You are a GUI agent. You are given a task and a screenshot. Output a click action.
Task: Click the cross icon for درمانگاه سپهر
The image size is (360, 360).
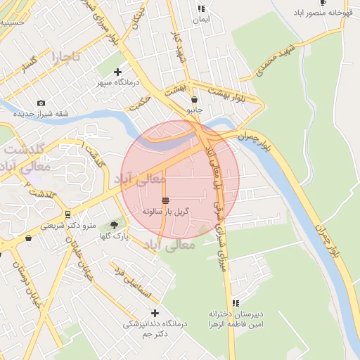point(117,72)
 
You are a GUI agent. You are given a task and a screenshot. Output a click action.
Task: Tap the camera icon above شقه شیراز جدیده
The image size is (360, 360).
point(40,103)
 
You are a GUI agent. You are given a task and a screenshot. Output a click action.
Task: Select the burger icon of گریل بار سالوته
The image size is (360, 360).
point(165,200)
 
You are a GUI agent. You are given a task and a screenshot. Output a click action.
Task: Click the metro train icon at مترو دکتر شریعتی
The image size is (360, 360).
point(67,214)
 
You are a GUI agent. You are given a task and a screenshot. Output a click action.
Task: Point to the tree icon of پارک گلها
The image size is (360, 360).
point(114,225)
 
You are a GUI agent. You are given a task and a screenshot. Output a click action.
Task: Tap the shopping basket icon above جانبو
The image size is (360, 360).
point(193,100)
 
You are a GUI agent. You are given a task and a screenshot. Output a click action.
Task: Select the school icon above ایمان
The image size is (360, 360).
point(202,9)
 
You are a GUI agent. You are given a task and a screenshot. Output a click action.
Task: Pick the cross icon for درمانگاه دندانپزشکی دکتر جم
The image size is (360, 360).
point(155,313)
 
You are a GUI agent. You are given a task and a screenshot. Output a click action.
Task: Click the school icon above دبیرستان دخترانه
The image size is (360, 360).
point(236,303)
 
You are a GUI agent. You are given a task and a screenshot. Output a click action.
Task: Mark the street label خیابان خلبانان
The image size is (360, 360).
point(78,252)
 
